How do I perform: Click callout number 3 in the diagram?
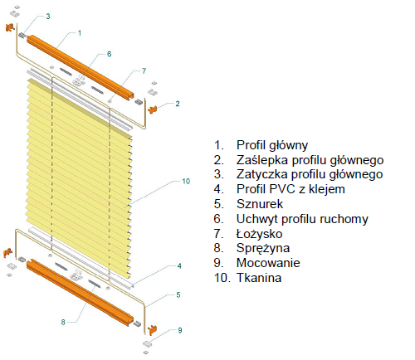coord(48,17)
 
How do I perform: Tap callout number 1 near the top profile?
coord(80,33)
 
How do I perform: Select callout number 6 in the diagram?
coord(109,54)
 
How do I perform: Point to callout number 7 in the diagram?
coord(144,71)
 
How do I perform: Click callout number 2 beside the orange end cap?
coord(178,104)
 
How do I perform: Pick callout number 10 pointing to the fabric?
coord(186,181)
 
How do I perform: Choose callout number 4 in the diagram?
coord(179,266)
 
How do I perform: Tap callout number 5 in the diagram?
coord(178,294)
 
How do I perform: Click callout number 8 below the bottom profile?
coord(63,322)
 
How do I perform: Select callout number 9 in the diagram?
coord(180,330)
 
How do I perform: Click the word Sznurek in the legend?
coord(260,204)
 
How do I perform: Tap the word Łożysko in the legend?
coord(259,234)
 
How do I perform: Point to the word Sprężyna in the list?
coord(263,248)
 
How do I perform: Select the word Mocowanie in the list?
coord(268,263)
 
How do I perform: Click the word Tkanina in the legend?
coord(259,278)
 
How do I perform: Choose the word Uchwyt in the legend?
coord(257,219)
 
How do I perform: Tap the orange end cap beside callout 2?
coord(153,109)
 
